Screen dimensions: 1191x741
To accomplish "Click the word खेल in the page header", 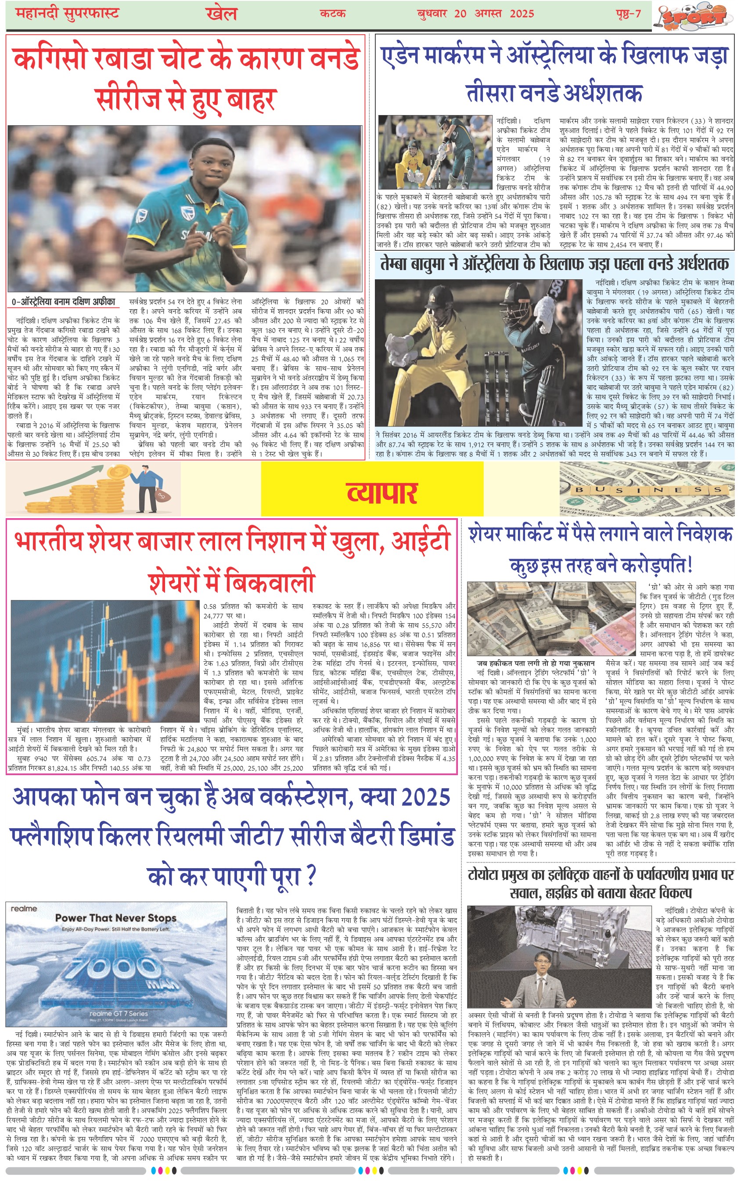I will click(x=222, y=13).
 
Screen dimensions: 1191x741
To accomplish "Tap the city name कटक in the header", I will click(x=333, y=13).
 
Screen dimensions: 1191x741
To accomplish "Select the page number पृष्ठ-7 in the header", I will click(x=628, y=13).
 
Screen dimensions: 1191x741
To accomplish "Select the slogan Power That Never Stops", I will click(x=115, y=918).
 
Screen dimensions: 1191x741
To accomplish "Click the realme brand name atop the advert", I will click(x=24, y=908).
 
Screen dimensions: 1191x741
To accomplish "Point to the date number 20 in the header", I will click(x=460, y=13).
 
